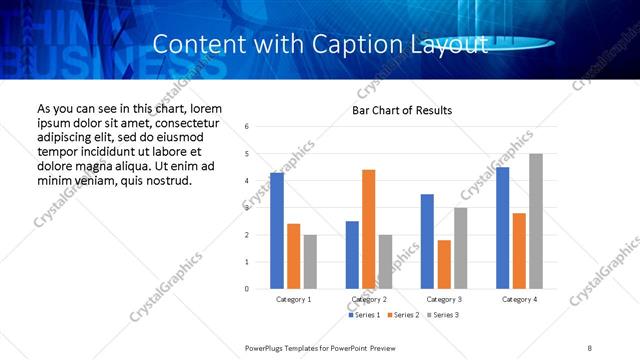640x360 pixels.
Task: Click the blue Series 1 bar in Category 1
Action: click(x=277, y=231)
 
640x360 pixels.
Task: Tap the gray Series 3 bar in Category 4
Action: click(x=536, y=221)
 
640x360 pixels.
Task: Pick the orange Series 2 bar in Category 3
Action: click(x=444, y=264)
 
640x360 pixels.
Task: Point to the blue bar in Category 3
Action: click(x=427, y=241)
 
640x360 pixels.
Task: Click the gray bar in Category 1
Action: click(x=310, y=262)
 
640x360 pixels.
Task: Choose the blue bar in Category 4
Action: click(x=503, y=228)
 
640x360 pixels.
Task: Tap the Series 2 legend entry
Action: click(x=402, y=315)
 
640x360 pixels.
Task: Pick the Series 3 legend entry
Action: click(x=442, y=315)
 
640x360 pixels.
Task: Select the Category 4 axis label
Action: click(x=519, y=299)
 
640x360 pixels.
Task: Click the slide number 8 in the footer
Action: click(x=590, y=348)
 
